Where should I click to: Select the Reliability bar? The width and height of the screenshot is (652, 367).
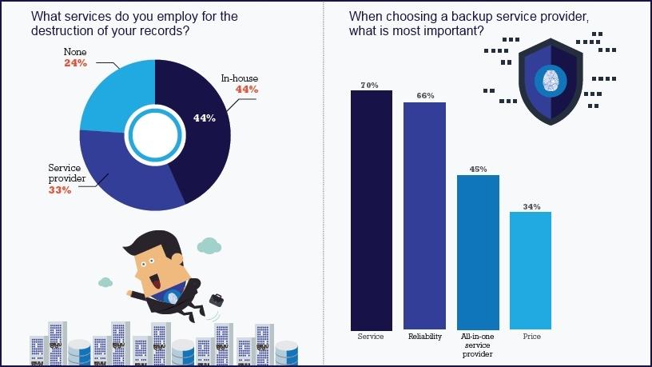[424, 216]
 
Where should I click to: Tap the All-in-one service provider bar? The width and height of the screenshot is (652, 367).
[478, 253]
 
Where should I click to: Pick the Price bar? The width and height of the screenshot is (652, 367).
[531, 271]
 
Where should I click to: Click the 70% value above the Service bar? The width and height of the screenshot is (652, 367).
[369, 85]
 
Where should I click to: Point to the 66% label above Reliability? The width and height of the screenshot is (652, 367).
[425, 96]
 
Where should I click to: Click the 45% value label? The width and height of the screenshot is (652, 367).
[478, 169]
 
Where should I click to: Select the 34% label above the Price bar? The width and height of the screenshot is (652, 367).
[531, 206]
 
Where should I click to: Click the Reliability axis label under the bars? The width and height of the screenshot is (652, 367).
[424, 337]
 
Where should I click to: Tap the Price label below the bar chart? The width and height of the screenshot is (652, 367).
[531, 337]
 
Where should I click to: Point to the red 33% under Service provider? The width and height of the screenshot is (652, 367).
[59, 190]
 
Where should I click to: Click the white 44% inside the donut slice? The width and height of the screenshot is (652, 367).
[205, 118]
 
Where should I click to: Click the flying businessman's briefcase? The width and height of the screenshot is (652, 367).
[217, 300]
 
